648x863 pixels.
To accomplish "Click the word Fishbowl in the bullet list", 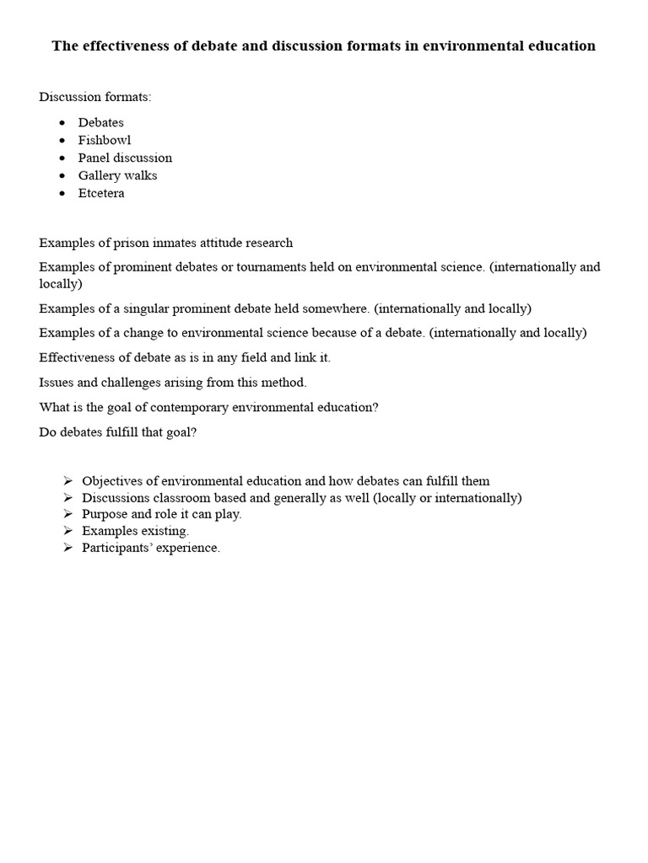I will point(105,140).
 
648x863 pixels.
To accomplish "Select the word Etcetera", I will point(101,193).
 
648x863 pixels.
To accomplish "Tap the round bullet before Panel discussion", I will point(62,158).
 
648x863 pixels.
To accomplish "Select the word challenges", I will point(126,382).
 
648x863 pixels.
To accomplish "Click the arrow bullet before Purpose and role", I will point(67,514).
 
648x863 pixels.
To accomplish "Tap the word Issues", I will point(56,382).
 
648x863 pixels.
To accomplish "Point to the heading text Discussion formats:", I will point(95,97).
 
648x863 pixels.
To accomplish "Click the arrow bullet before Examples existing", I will point(67,531).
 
